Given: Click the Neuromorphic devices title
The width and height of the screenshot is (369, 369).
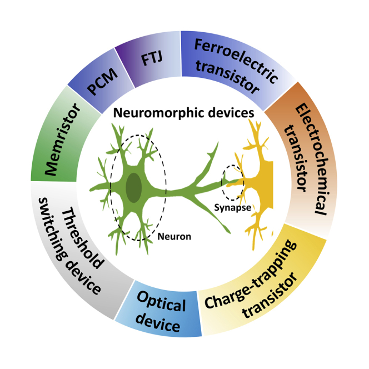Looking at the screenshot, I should (x=184, y=113).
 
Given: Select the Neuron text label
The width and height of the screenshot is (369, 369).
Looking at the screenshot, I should (x=174, y=236).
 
